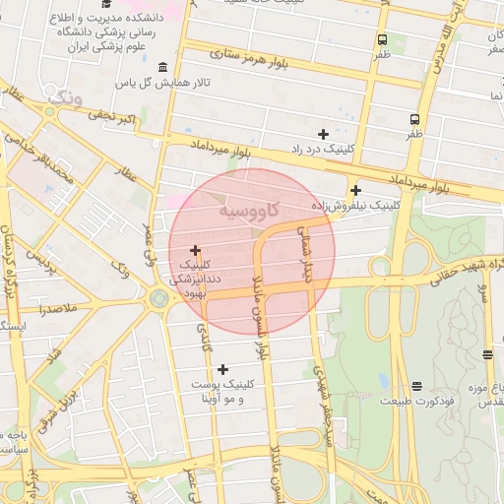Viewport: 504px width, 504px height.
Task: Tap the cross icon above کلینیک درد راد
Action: pyautogui.click(x=322, y=133)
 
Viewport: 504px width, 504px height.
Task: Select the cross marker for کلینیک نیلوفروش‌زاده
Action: pyautogui.click(x=355, y=190)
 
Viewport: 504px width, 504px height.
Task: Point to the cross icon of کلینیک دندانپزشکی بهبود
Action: pyautogui.click(x=195, y=251)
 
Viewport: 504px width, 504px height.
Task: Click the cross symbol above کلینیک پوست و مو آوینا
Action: pyautogui.click(x=223, y=369)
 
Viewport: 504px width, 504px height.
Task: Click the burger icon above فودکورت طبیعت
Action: pyautogui.click(x=416, y=386)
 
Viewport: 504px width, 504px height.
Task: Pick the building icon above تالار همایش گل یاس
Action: pyautogui.click(x=162, y=67)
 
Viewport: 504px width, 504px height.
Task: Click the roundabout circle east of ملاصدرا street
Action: pyautogui.click(x=158, y=297)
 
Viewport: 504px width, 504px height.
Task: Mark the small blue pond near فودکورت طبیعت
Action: pyautogui.click(x=383, y=380)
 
